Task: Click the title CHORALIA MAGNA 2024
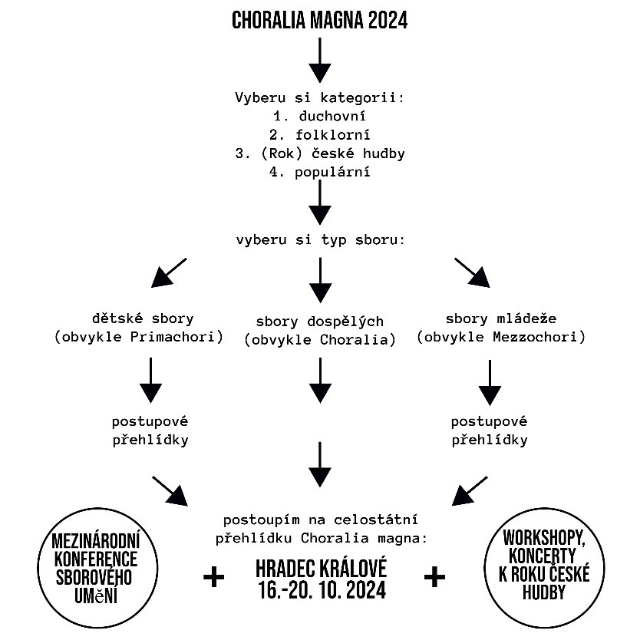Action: click(319, 21)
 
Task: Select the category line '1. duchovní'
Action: click(319, 117)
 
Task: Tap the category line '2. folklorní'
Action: click(319, 135)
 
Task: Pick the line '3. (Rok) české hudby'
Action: click(319, 153)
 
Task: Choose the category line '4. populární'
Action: click(319, 172)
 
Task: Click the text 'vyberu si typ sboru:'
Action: click(320, 239)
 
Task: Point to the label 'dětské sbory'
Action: click(143, 318)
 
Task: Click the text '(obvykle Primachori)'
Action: click(139, 337)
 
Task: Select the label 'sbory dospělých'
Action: click(319, 322)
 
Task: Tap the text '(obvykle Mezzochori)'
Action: click(501, 337)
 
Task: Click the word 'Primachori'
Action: click(173, 337)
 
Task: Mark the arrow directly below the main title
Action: click(319, 61)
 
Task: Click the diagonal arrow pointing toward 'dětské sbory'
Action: click(169, 272)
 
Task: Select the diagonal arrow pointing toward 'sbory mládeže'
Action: click(472, 272)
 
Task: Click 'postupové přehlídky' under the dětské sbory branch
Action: click(150, 431)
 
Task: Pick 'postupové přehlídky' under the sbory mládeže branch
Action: click(490, 431)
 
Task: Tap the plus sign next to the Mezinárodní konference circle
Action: click(214, 577)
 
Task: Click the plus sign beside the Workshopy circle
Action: click(434, 577)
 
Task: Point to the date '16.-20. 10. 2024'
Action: click(322, 590)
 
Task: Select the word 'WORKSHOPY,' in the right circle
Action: click(544, 537)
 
